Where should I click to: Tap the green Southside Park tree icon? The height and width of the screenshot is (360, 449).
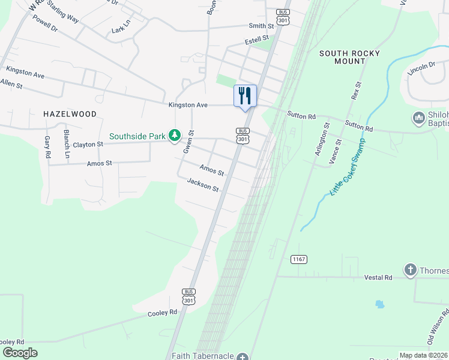pos(174,136)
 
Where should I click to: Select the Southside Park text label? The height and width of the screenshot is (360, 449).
pos(137,136)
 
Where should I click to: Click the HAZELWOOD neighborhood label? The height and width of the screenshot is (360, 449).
pos(70,113)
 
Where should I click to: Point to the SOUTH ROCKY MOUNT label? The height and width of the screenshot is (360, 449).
pos(349,58)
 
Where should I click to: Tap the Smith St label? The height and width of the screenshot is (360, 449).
pos(261,26)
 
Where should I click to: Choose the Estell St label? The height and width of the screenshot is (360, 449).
pos(256,41)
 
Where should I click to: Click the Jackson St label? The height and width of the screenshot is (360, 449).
pos(202,185)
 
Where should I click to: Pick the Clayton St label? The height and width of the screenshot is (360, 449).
pos(88,145)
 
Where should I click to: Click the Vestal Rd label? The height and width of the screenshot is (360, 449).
pos(378,278)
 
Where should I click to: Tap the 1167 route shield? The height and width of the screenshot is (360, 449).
pos(298,259)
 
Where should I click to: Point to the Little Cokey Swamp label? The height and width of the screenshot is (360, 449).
pos(347,172)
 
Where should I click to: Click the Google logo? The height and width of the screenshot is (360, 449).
pos(20,353)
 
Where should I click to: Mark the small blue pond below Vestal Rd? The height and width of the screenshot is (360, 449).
pos(379,304)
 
